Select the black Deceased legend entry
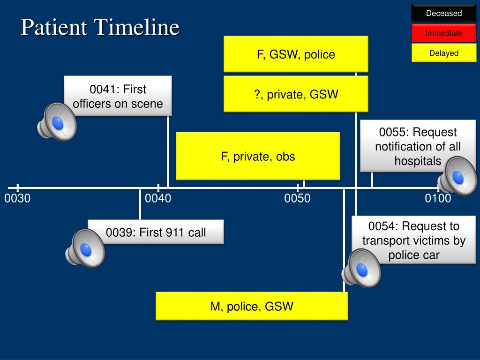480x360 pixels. [x=443, y=13]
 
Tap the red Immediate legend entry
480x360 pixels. [x=443, y=33]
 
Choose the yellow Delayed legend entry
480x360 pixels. [x=443, y=53]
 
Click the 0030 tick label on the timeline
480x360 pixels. [x=17, y=198]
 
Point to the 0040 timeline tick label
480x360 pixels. [x=158, y=198]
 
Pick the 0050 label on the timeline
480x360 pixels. [x=297, y=198]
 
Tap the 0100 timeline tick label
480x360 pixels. [x=438, y=198]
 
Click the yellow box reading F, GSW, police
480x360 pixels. [x=296, y=54]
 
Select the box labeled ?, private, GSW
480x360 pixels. [x=296, y=94]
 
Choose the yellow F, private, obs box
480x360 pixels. [x=258, y=156]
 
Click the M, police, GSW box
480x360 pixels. [x=252, y=306]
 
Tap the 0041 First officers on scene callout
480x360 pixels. [x=118, y=96]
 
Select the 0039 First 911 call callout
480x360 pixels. [x=156, y=232]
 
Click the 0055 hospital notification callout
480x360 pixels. [x=418, y=146]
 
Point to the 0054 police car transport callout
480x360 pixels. [x=413, y=240]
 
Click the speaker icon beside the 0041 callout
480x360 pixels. [x=57, y=121]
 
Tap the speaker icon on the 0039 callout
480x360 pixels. [x=85, y=248]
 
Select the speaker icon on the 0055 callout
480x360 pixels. [x=457, y=176]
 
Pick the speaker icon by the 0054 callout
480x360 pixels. [x=361, y=269]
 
